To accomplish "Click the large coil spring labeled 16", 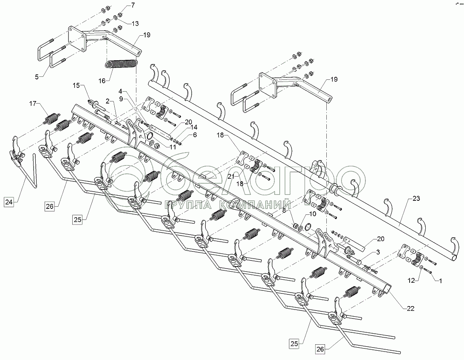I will [121, 64].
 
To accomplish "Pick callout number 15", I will [76, 86].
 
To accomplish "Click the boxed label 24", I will [10, 202].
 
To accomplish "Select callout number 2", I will [108, 101].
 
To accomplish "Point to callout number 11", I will [173, 147].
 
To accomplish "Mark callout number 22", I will [409, 308].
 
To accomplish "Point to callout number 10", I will [313, 214].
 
